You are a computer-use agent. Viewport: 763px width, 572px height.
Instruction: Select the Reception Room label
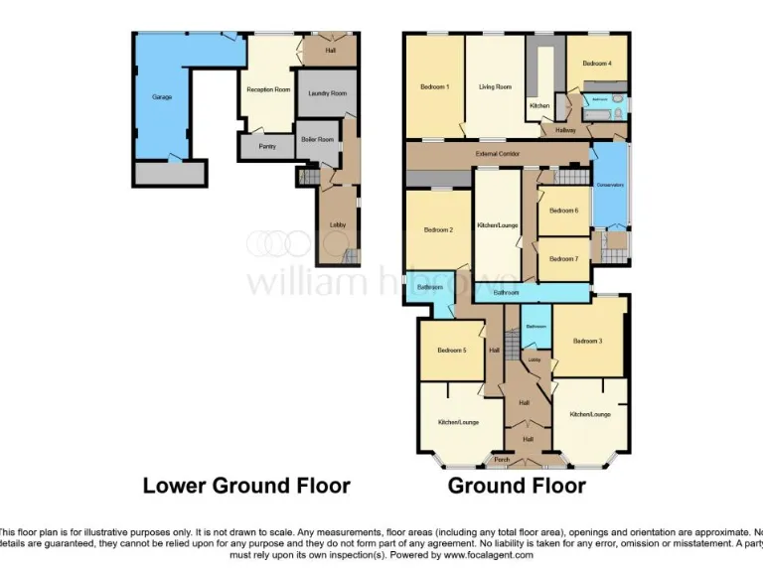268,89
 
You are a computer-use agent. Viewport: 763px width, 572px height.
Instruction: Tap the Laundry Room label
328,93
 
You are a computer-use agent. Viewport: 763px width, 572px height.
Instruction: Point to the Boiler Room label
317,139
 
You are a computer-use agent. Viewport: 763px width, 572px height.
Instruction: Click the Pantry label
267,147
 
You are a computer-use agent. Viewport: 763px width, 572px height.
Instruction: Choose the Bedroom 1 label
435,87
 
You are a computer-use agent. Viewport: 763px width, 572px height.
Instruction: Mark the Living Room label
496,87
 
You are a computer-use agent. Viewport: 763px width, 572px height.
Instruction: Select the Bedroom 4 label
597,63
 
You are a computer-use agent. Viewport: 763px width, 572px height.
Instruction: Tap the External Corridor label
497,154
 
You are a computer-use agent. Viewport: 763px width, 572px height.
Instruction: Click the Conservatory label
609,186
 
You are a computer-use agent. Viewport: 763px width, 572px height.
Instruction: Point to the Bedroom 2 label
438,230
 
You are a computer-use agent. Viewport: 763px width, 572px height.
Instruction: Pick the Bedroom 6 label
563,210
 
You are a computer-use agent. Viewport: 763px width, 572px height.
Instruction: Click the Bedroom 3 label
587,341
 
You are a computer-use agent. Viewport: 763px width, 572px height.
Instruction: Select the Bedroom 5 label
451,350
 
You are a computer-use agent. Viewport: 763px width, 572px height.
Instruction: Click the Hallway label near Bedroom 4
565,130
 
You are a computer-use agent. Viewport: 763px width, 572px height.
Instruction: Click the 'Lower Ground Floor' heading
246,486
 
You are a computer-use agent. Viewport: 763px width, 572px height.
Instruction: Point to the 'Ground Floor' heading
517,486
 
